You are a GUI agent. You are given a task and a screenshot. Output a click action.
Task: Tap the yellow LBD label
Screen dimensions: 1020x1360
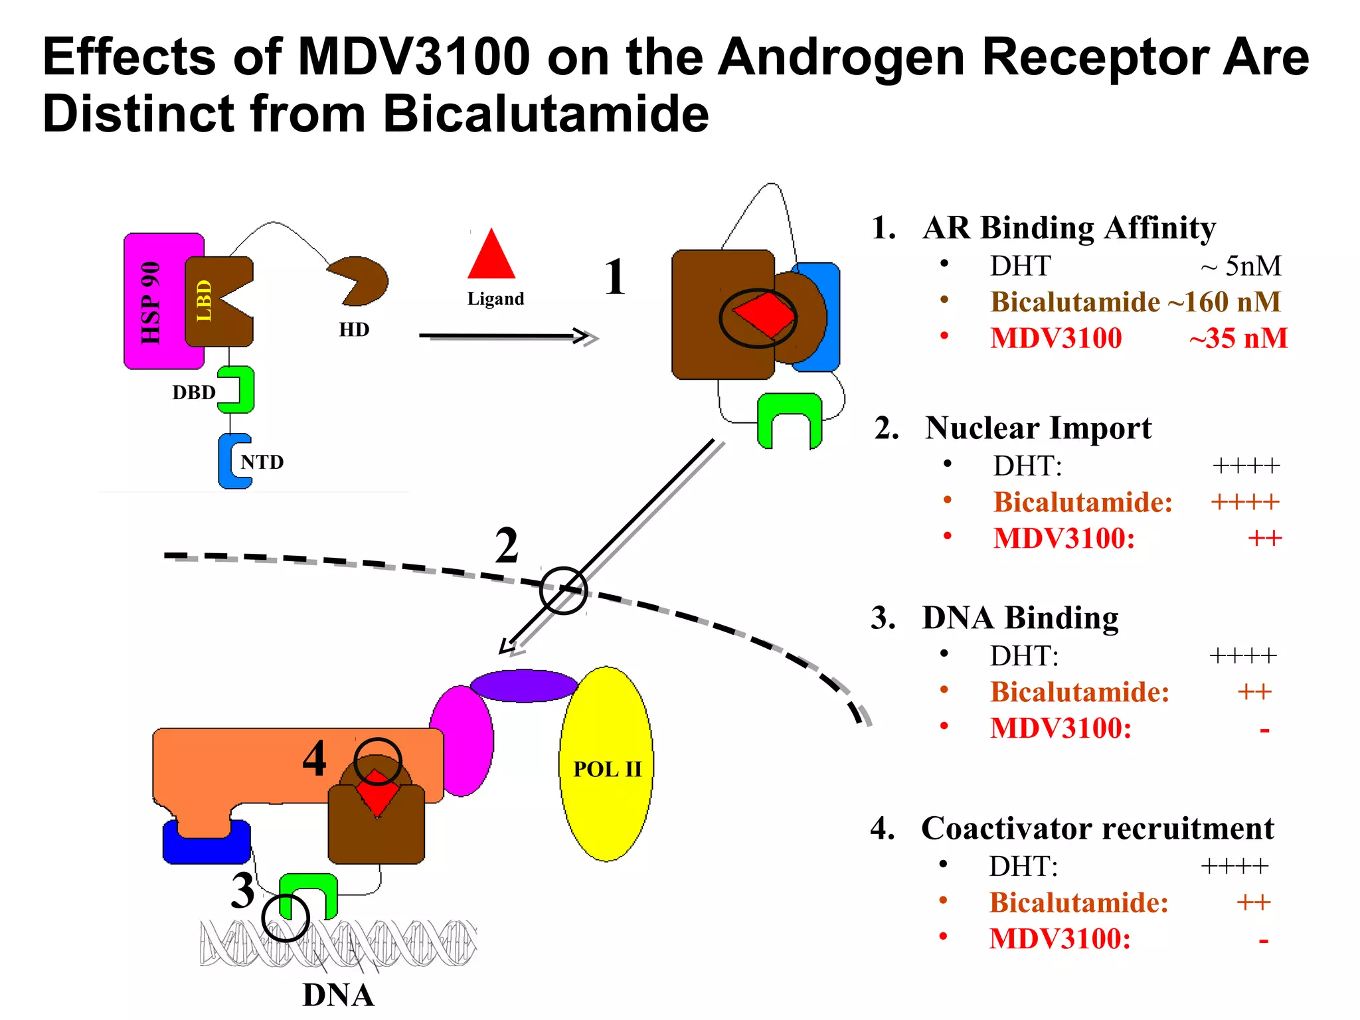tap(204, 300)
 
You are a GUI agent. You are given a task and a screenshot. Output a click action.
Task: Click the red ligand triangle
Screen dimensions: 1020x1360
tap(491, 257)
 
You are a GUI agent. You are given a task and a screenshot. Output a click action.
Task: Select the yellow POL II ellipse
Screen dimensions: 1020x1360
tap(606, 764)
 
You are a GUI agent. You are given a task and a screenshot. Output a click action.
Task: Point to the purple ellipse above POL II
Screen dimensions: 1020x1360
tap(523, 685)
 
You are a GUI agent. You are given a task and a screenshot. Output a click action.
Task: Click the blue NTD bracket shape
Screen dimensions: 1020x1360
tap(229, 462)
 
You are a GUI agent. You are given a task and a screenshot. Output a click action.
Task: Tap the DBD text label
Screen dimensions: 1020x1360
tap(194, 392)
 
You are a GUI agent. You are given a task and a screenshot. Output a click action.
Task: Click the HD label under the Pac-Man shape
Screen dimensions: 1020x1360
tap(354, 329)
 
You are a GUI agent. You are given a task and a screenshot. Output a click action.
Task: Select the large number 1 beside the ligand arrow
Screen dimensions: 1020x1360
tap(615, 277)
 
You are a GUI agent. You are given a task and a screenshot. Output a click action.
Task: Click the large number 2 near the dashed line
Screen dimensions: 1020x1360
tap(507, 546)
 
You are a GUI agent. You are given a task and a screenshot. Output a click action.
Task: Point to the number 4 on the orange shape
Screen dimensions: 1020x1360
tap(314, 758)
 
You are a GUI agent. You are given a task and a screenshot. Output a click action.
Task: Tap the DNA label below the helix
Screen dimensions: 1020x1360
tap(338, 995)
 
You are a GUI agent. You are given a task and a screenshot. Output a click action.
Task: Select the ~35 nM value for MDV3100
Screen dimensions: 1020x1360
tap(1238, 338)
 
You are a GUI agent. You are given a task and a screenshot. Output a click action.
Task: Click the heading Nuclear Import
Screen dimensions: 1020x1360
tap(1038, 428)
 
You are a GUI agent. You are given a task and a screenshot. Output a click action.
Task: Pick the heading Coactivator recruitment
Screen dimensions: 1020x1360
tap(1097, 828)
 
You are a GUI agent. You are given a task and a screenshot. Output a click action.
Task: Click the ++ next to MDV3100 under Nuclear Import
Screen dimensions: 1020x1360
tap(1264, 538)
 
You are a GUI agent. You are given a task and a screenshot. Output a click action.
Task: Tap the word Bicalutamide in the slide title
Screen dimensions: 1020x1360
tap(545, 113)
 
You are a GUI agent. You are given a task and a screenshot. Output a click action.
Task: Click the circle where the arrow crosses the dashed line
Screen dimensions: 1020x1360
tap(563, 590)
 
